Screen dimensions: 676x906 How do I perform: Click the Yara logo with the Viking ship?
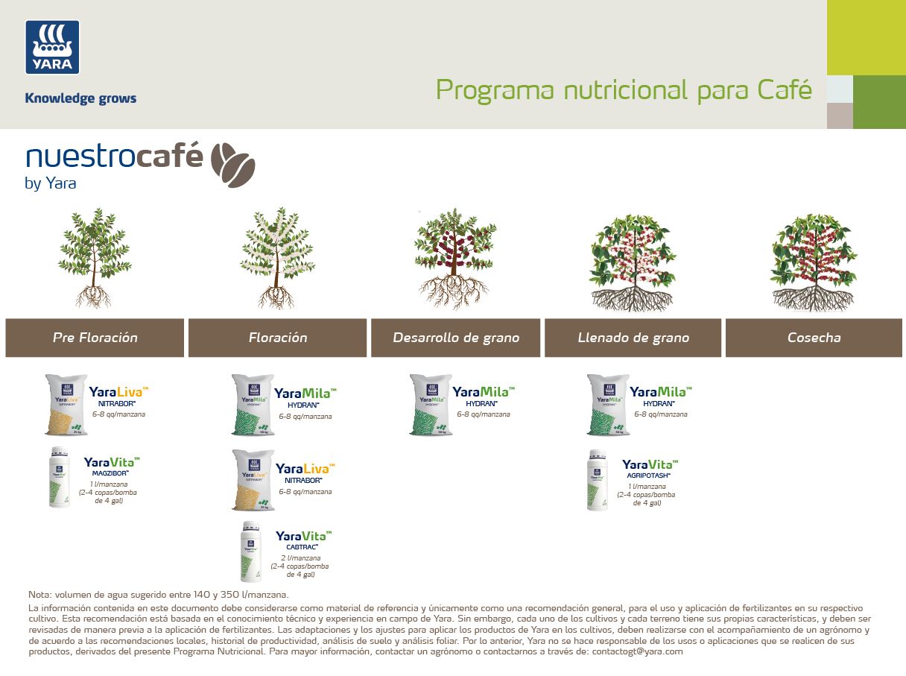pos(52,47)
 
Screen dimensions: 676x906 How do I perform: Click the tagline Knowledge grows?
pos(80,98)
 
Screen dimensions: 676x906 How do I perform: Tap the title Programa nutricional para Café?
pos(623,90)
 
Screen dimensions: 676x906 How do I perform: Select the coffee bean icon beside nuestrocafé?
pos(232,164)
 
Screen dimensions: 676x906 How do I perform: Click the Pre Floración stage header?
pos(95,338)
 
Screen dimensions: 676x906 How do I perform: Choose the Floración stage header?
pos(278,338)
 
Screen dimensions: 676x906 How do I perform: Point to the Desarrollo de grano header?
pos(456,338)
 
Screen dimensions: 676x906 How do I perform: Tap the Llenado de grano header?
pos(633,338)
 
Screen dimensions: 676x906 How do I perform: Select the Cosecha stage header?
pos(814,338)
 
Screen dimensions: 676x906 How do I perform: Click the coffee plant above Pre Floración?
pos(94,258)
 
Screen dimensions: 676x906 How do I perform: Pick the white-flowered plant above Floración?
pos(276,258)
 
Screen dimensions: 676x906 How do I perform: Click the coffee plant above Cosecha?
pos(813,262)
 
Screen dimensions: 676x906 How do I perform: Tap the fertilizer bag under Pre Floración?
pos(66,405)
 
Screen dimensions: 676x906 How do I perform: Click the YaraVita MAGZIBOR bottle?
pos(60,477)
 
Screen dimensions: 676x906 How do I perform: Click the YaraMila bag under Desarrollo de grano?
pos(430,405)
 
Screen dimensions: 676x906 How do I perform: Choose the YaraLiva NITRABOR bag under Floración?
pos(252,480)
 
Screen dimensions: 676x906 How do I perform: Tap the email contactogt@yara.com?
pos(637,651)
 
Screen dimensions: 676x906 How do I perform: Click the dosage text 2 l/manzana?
pos(300,558)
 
